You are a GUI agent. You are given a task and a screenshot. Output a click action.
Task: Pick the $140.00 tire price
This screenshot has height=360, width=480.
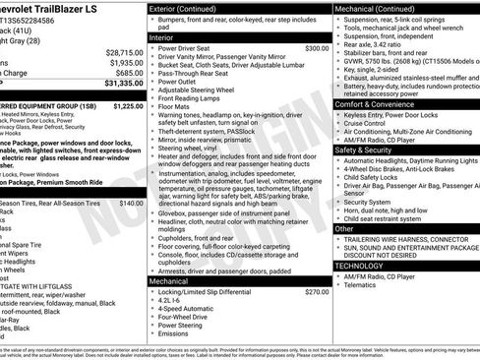(x=131, y=203)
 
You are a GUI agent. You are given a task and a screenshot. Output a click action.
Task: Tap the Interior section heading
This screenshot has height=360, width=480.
(x=160, y=36)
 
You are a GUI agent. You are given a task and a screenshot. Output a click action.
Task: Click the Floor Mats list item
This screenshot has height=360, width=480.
(x=177, y=105)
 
